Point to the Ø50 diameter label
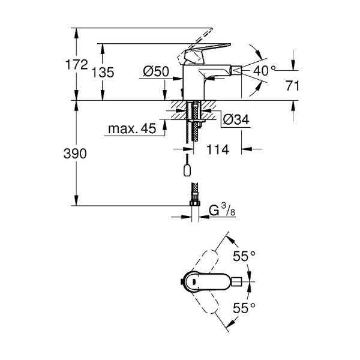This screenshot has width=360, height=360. tap(155, 71)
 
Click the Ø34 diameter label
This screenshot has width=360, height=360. tap(236, 120)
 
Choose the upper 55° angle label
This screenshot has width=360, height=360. tap(244, 256)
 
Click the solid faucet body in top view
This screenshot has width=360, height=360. tap(207, 281)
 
